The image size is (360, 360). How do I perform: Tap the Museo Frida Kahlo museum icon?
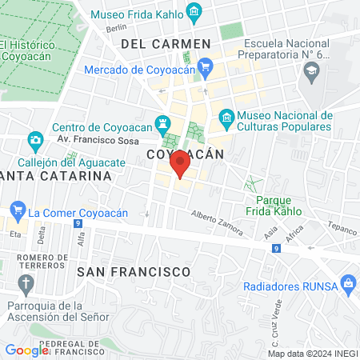pos(193,11)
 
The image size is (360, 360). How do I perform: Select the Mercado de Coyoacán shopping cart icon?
pos(206,66)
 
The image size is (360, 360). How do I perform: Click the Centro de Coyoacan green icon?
pos(165,123)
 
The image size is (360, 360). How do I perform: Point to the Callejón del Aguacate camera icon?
pos(35,142)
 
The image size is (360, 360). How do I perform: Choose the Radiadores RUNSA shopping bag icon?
pos(347,282)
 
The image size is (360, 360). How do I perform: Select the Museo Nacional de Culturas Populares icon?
pos(226,118)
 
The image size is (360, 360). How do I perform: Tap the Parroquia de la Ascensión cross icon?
pos(27,283)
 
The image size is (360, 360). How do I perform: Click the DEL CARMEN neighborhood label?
pos(165,43)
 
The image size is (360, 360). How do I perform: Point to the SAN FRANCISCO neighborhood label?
pos(134,271)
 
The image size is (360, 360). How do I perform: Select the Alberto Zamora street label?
pos(217,223)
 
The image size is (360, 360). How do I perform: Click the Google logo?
pos(26,350)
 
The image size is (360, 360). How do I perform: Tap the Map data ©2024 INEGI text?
pos(312,354)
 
